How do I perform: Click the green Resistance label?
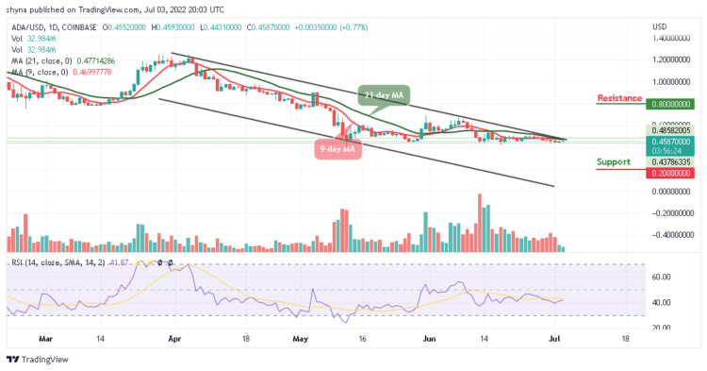click(620, 97)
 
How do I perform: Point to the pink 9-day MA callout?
click(338, 148)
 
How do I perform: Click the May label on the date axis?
click(301, 336)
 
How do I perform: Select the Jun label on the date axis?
click(428, 336)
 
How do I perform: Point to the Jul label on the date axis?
click(557, 336)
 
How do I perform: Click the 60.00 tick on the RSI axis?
click(660, 277)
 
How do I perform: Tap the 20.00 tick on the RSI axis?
click(660, 328)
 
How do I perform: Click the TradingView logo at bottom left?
click(37, 358)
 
